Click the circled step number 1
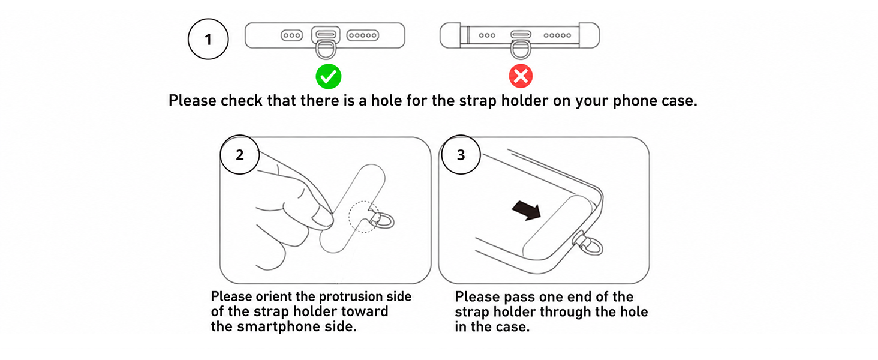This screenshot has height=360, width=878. tap(208, 39)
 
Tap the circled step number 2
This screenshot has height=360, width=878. tap(239, 155)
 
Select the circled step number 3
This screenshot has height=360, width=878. tap(461, 155)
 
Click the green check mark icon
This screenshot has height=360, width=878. tap(329, 76)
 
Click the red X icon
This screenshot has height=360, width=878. tap(521, 76)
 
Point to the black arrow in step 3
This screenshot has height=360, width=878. tap(527, 211)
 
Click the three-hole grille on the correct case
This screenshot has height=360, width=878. tap(292, 35)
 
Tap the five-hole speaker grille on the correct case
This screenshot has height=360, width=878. tap(363, 35)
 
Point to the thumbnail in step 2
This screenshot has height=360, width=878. tap(323, 219)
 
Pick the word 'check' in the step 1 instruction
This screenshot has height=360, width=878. tap(241, 100)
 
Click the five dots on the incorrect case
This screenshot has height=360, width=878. tap(557, 35)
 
